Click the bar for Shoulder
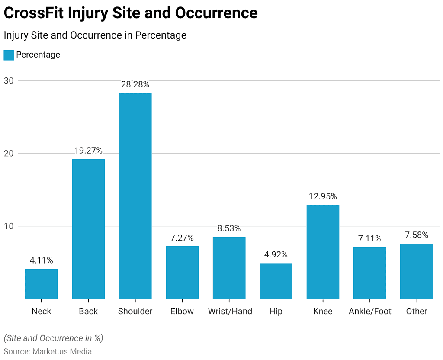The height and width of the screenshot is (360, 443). [135, 196]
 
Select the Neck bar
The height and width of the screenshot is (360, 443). [42, 284]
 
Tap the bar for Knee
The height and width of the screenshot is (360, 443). [323, 251]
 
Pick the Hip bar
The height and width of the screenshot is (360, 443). [276, 281]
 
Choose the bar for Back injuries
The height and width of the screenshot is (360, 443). [88, 228]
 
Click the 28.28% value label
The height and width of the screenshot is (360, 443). [135, 84]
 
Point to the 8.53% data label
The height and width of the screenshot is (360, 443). [229, 228]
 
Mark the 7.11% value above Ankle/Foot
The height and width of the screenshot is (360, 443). [369, 238]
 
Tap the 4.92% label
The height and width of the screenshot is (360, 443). [276, 254]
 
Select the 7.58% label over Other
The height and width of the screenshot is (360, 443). [417, 235]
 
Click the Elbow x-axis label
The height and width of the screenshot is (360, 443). [182, 311]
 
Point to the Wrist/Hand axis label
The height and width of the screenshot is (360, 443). [230, 311]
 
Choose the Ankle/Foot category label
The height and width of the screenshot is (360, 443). [370, 311]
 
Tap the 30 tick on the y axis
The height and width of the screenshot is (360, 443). [9, 80]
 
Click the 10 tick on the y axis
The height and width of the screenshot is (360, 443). [9, 226]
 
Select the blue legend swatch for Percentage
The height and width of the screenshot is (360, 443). [9, 55]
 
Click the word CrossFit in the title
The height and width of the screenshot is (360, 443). [34, 13]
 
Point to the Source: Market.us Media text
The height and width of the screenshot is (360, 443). [48, 351]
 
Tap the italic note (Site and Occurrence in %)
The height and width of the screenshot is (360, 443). [53, 338]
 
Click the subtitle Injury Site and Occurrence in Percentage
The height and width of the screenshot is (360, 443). [95, 35]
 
